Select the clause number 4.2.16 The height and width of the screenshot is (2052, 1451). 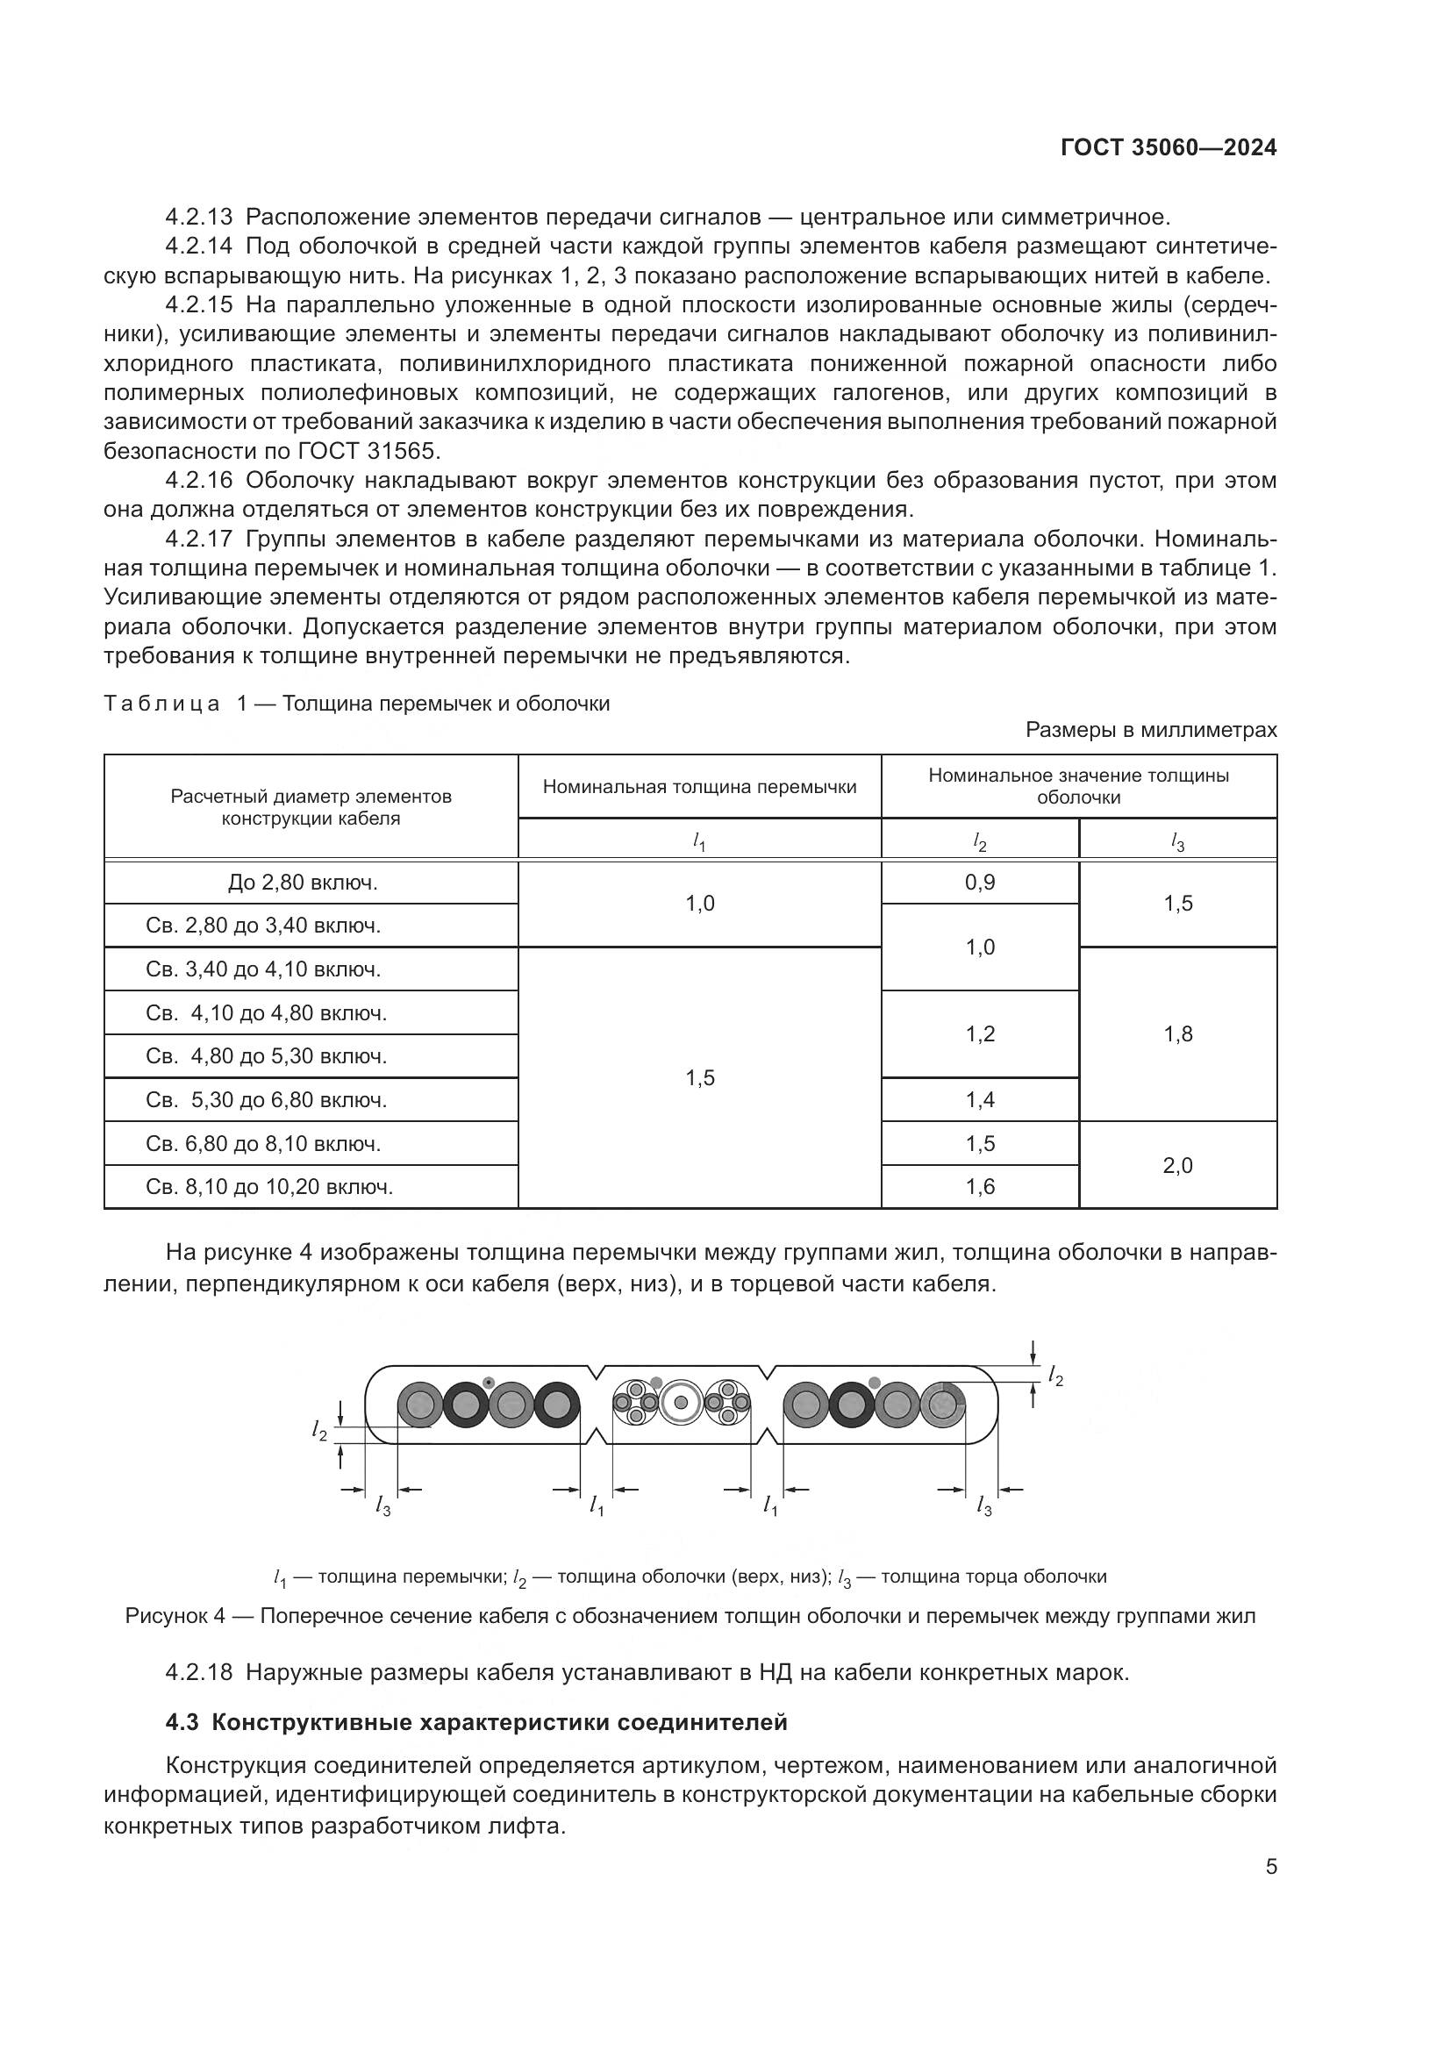(x=198, y=481)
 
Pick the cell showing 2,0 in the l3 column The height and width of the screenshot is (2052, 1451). (x=1177, y=1164)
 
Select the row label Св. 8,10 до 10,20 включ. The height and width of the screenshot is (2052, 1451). (x=269, y=1187)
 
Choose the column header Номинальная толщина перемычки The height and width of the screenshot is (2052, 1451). (x=699, y=786)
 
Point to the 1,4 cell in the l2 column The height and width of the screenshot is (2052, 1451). (x=979, y=1099)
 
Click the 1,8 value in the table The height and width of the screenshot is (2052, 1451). (x=1177, y=1034)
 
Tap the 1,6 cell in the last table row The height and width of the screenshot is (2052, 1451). (x=979, y=1187)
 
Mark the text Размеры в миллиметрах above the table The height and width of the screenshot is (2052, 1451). (x=1151, y=730)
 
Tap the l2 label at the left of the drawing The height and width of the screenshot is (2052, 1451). (x=320, y=1431)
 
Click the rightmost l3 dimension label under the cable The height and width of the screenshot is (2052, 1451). (x=983, y=1507)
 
